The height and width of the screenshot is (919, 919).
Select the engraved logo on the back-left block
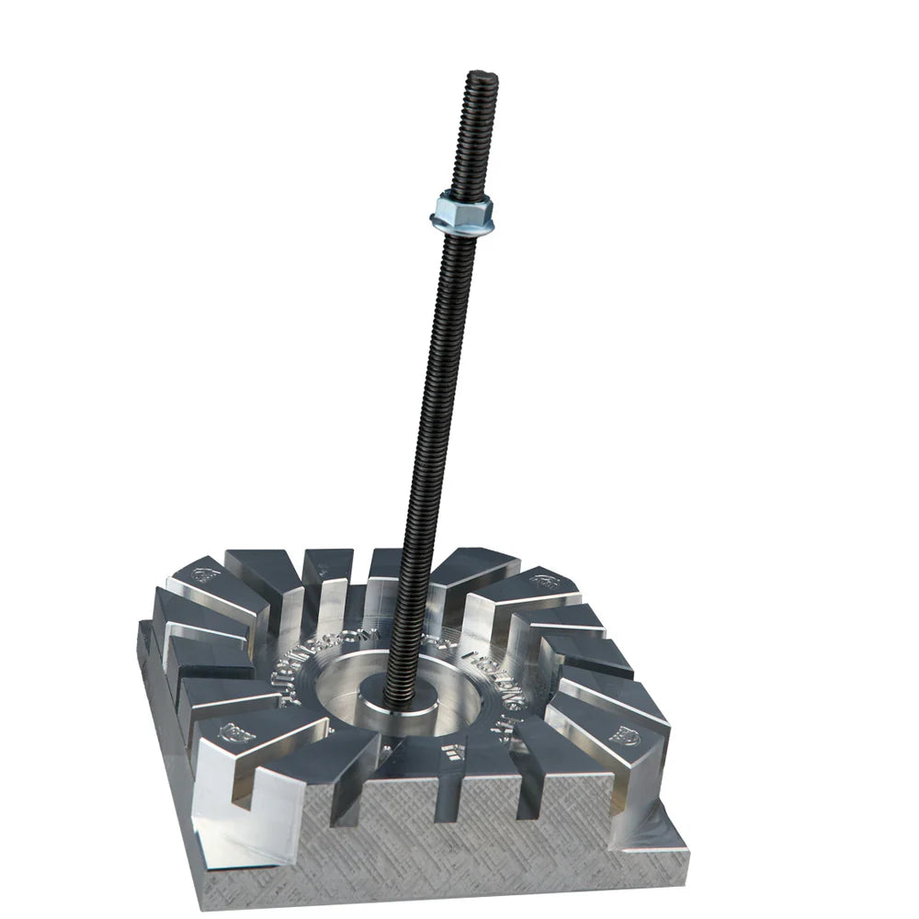tap(201, 576)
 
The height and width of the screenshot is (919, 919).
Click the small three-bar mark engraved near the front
tap(448, 748)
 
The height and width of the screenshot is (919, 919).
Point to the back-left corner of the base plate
tap(141, 625)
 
